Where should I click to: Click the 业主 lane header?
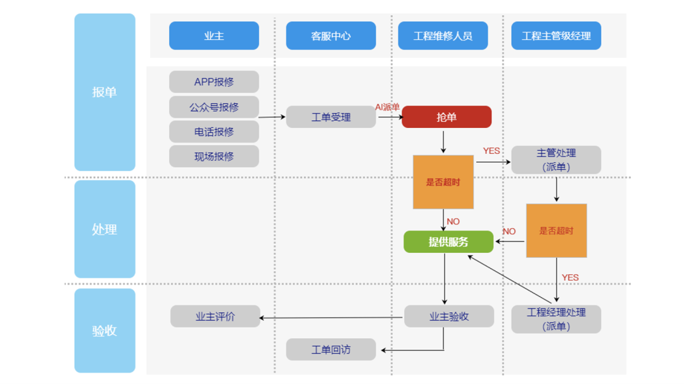[214, 35]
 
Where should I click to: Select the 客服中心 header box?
[331, 35]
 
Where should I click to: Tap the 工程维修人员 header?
[443, 35]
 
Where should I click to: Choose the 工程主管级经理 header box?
[556, 35]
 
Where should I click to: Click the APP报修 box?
[214, 82]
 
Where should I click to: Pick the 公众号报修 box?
[214, 107]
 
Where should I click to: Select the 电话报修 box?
[214, 131]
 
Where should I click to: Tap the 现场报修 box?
[214, 157]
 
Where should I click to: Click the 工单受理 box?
[331, 117]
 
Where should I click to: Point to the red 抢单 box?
[446, 117]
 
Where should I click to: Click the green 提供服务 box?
[448, 242]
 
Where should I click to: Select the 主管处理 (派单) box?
[556, 160]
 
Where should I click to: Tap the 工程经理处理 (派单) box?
[556, 319]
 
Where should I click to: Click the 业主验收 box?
[449, 316]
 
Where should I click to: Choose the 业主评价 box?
[215, 316]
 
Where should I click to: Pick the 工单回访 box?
[331, 350]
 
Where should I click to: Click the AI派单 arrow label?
[388, 107]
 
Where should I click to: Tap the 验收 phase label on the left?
[104, 330]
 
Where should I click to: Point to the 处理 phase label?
[104, 229]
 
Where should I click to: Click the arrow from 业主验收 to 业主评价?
[331, 317]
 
